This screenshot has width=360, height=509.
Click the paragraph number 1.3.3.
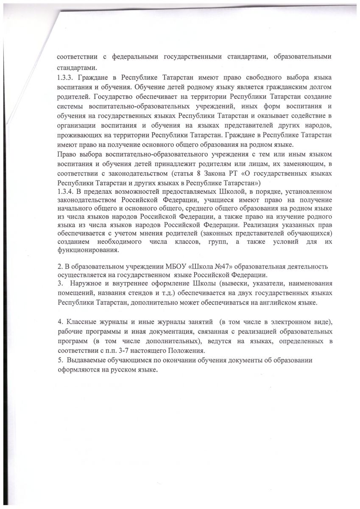[x=65, y=79]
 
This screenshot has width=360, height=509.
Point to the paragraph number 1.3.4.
[x=65, y=192]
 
